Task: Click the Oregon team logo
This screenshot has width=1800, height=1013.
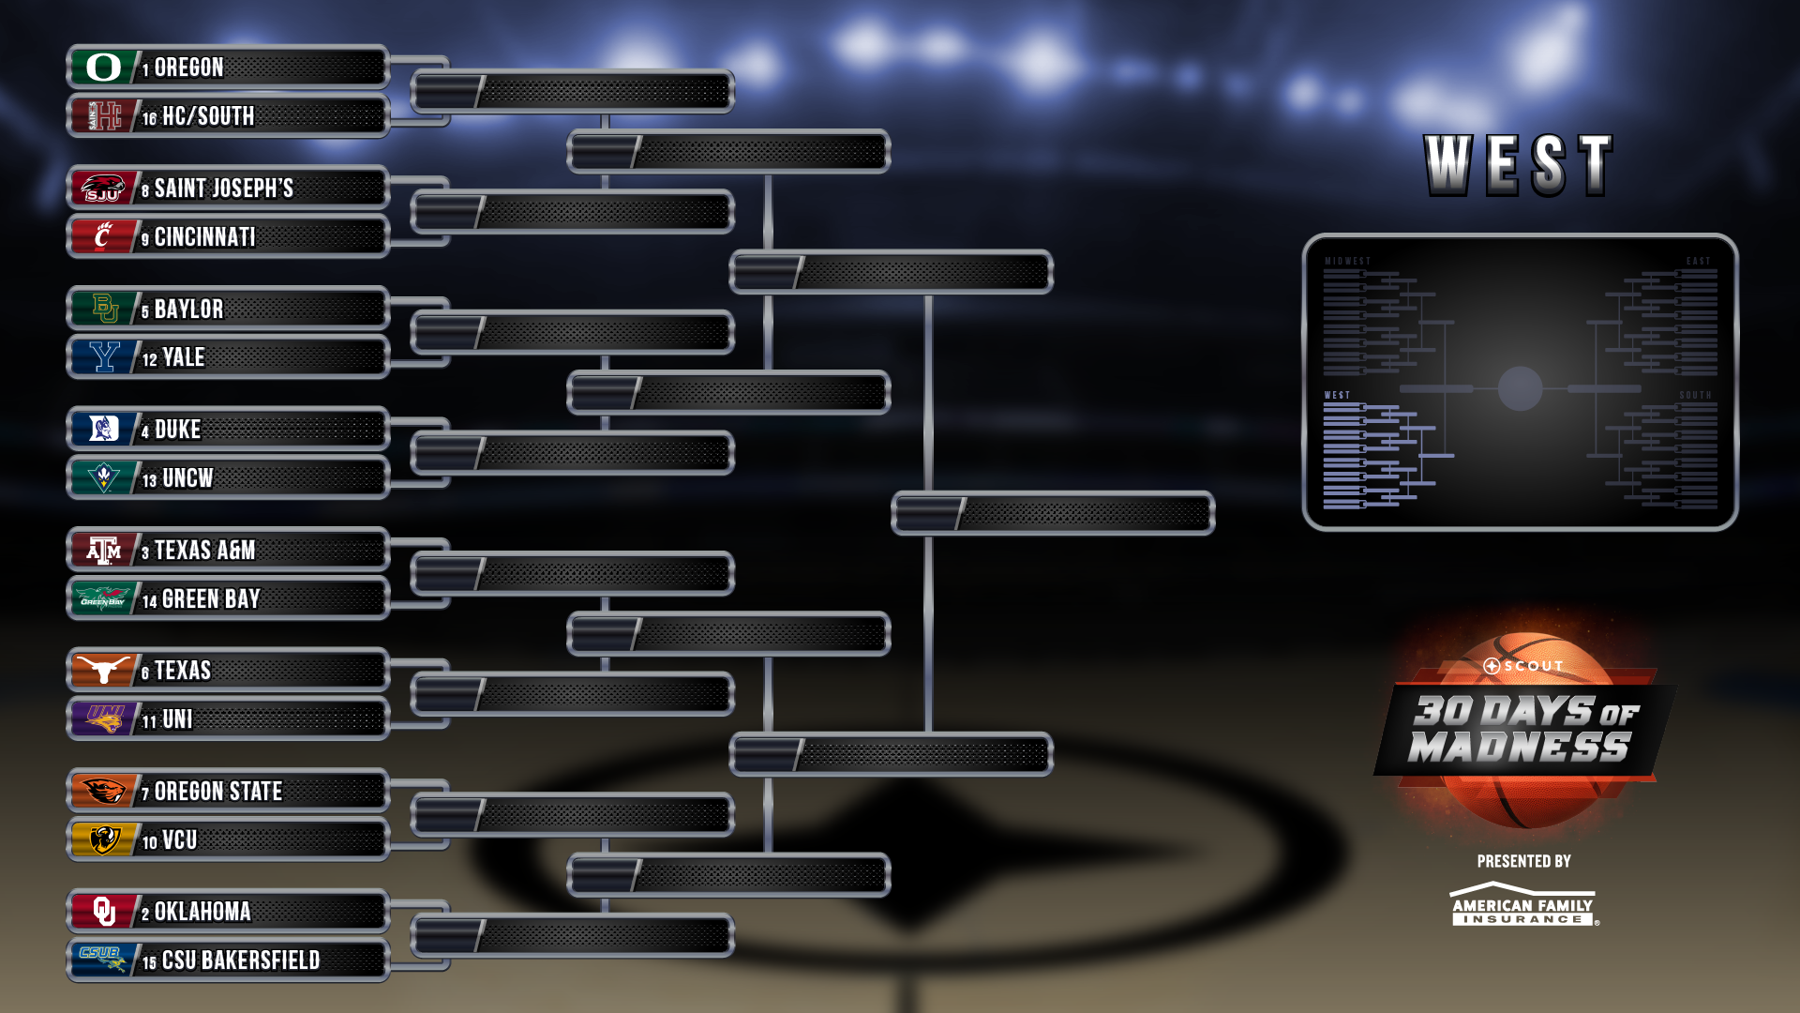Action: [103, 68]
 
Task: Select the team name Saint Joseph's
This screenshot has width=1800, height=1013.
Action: [223, 189]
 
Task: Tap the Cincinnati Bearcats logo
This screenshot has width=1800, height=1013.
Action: [103, 236]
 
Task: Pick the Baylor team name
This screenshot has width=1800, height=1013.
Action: [188, 310]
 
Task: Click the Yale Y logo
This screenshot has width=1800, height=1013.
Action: [103, 357]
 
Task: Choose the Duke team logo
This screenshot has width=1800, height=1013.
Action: [103, 430]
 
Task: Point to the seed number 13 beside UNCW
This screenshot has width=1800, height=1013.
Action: [149, 480]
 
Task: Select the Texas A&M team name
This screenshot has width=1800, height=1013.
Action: [204, 551]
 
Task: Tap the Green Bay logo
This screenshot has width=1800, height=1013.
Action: [103, 598]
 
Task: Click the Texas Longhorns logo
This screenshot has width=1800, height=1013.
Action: [103, 671]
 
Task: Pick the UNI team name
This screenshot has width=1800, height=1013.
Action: [177, 719]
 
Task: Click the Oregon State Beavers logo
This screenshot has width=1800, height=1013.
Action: [103, 792]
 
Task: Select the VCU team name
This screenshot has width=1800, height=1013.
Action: [179, 840]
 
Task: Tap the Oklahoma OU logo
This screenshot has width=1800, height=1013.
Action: [103, 912]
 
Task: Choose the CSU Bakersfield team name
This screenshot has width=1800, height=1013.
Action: [241, 960]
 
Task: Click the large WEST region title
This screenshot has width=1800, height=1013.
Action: [1519, 165]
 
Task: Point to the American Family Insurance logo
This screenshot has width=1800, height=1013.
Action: [1522, 905]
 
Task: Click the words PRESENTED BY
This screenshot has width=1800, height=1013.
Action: [1523, 861]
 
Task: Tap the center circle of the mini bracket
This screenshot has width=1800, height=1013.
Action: [1520, 388]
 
